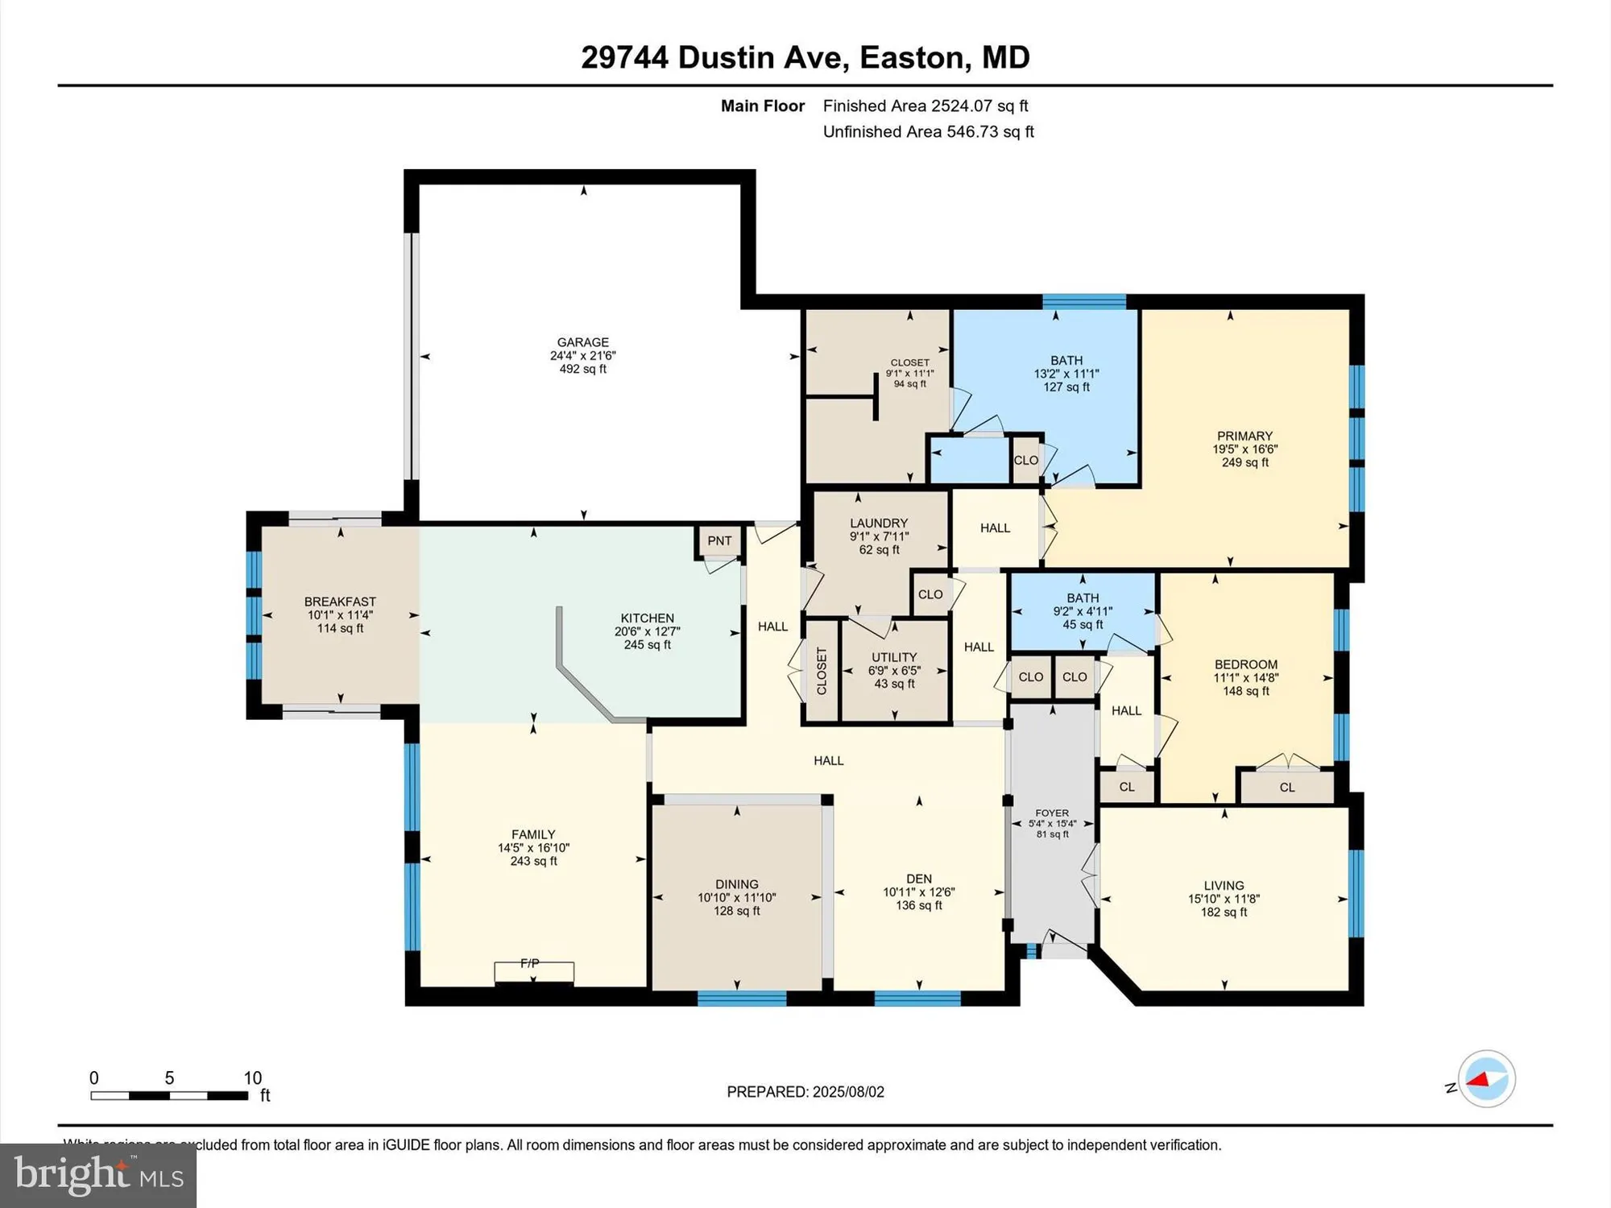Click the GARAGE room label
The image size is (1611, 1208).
tap(582, 342)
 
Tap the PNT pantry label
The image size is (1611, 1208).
tap(719, 541)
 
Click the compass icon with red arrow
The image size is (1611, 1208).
tap(1486, 1079)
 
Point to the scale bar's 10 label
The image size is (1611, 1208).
tap(252, 1078)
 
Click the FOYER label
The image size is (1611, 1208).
tap(1052, 813)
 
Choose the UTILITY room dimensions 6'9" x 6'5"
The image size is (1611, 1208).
tap(894, 671)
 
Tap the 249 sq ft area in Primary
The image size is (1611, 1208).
tap(1244, 463)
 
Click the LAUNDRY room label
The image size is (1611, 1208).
tap(879, 523)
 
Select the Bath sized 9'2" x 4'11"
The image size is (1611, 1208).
tap(1083, 611)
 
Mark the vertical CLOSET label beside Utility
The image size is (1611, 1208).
tap(822, 671)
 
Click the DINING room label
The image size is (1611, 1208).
tap(736, 884)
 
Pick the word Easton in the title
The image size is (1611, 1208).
tap(912, 58)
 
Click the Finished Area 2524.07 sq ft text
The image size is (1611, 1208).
tap(925, 105)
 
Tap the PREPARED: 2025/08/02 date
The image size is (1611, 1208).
tap(805, 1092)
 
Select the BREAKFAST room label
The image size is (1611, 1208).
tap(340, 602)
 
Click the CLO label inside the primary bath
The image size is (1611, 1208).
tap(1025, 461)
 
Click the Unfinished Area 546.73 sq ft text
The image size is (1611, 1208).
tap(928, 131)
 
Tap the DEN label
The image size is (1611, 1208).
tap(918, 879)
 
